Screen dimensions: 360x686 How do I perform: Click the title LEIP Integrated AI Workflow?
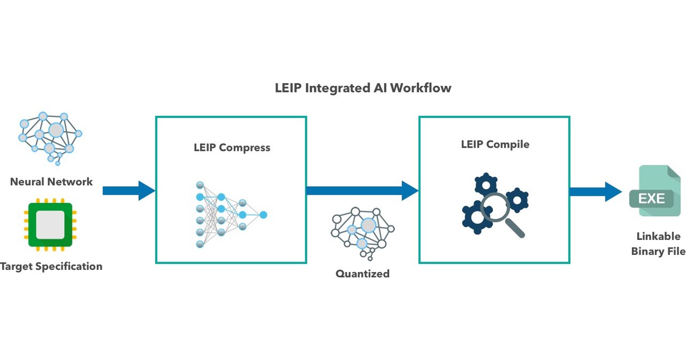coord(363,88)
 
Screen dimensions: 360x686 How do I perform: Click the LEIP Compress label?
coord(232,147)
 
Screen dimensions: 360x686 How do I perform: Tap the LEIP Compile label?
coord(495,144)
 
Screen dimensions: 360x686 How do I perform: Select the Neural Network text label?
coord(51,182)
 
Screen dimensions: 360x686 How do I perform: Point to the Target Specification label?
coord(51,266)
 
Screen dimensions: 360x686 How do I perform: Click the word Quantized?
coord(363,274)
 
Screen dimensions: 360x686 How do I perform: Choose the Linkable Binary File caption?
coord(658,244)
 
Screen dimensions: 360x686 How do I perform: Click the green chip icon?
coord(50,224)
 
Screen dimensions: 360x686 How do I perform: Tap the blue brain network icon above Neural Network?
coord(50,137)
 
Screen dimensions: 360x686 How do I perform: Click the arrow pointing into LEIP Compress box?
coord(129,190)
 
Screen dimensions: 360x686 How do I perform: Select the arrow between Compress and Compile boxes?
coord(362,190)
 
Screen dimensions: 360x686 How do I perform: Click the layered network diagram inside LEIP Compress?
coord(231,215)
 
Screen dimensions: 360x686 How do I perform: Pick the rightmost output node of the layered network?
coord(263,215)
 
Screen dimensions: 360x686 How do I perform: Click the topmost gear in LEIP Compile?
coord(486,185)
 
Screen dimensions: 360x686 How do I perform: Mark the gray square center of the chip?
coord(50,224)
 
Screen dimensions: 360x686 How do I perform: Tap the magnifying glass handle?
coord(515,229)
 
